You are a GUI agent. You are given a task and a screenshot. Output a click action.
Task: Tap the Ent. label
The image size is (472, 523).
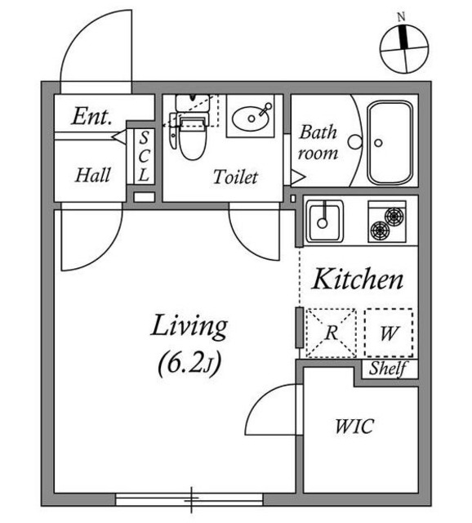click(91, 117)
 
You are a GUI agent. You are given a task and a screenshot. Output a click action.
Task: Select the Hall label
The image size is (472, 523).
click(92, 174)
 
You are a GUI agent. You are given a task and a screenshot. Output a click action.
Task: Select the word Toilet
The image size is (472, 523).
click(235, 177)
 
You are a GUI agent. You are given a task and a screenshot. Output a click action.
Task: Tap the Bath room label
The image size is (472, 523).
click(318, 142)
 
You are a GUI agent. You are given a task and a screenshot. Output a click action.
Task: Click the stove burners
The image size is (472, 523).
click(387, 221)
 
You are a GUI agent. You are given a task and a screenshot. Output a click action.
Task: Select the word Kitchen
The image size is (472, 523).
click(358, 280)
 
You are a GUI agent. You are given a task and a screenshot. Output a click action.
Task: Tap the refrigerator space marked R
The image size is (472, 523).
click(331, 333)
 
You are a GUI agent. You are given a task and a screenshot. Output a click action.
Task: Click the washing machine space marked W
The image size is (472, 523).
click(389, 333)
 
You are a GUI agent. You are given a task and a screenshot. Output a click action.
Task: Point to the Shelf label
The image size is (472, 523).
click(390, 369)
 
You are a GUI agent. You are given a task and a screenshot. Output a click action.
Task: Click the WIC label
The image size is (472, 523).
click(354, 427)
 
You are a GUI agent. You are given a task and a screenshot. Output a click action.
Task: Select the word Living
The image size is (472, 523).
click(188, 327)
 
